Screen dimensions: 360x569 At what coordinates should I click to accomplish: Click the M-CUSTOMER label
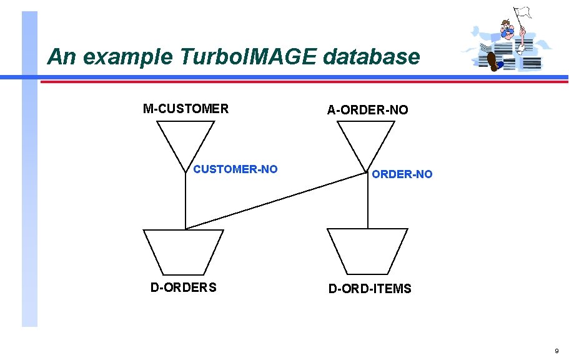pyautogui.click(x=186, y=109)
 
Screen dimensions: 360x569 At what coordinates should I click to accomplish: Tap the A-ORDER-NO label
pyautogui.click(x=367, y=110)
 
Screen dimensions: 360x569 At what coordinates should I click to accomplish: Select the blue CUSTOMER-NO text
pyautogui.click(x=235, y=169)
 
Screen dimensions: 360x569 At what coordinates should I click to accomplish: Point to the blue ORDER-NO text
pyautogui.click(x=402, y=174)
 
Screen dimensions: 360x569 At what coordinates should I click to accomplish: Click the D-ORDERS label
pyautogui.click(x=184, y=287)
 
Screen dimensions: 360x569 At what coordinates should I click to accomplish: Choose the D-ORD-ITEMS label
pyautogui.click(x=370, y=289)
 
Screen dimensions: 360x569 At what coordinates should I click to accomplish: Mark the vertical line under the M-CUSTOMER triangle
pyautogui.click(x=186, y=200)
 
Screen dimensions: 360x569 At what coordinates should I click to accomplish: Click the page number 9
pyautogui.click(x=557, y=351)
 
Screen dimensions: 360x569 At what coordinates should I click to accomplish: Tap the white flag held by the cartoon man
pyautogui.click(x=523, y=12)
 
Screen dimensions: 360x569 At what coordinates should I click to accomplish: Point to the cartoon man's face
pyautogui.click(x=508, y=27)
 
